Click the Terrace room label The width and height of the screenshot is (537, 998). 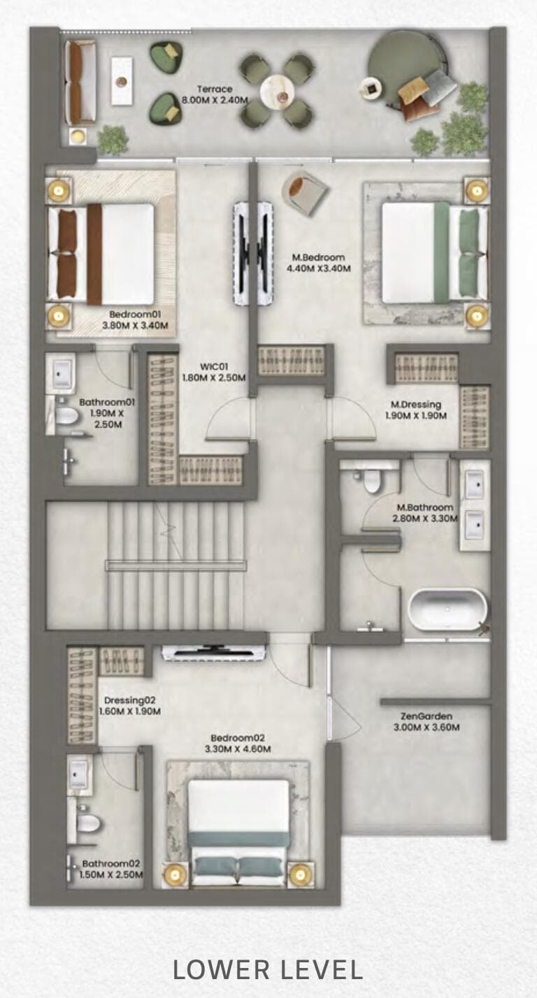[214, 89]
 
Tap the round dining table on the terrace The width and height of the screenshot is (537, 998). [277, 90]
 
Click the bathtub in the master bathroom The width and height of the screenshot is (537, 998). [447, 609]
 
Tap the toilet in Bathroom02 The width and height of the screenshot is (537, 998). [87, 823]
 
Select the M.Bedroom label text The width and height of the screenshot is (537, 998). [319, 257]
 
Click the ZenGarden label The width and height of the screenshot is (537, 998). [427, 716]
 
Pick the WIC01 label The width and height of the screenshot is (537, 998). [215, 366]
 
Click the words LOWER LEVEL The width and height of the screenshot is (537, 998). [268, 969]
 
